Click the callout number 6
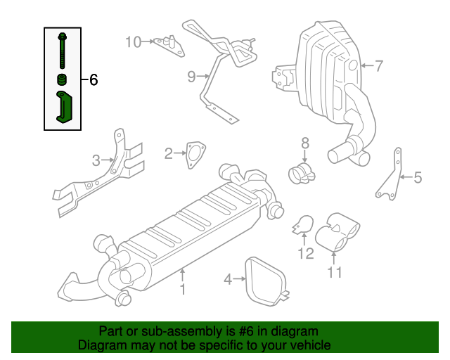pos(93,80)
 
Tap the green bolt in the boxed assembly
pos(63,49)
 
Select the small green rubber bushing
pos(62,78)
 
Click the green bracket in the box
pos(65,107)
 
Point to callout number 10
pos(133,41)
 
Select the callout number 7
pos(378,67)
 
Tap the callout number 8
pos(304,143)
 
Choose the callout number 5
pos(418,178)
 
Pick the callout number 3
pos(96,161)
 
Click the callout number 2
pos(168,153)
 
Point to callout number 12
pos(305,253)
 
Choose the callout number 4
pos(228,280)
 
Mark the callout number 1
pos(182,288)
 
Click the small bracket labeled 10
pos(167,44)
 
